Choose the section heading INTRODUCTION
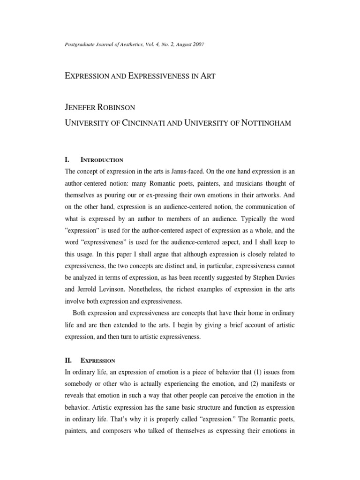pos(102,160)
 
